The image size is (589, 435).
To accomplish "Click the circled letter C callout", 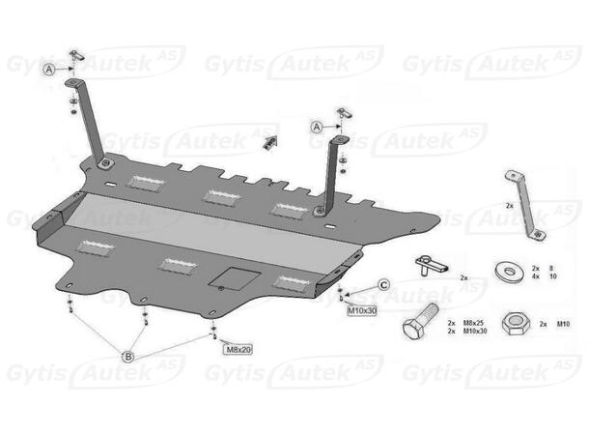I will (383, 284).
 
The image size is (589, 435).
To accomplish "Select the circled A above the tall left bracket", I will (48, 69).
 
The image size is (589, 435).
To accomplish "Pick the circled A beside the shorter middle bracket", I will (318, 127).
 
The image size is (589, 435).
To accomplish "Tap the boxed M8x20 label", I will (238, 349).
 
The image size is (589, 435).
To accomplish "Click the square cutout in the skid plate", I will (230, 276).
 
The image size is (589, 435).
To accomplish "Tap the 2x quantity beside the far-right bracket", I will (508, 206).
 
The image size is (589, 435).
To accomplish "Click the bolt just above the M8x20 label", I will (212, 334).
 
